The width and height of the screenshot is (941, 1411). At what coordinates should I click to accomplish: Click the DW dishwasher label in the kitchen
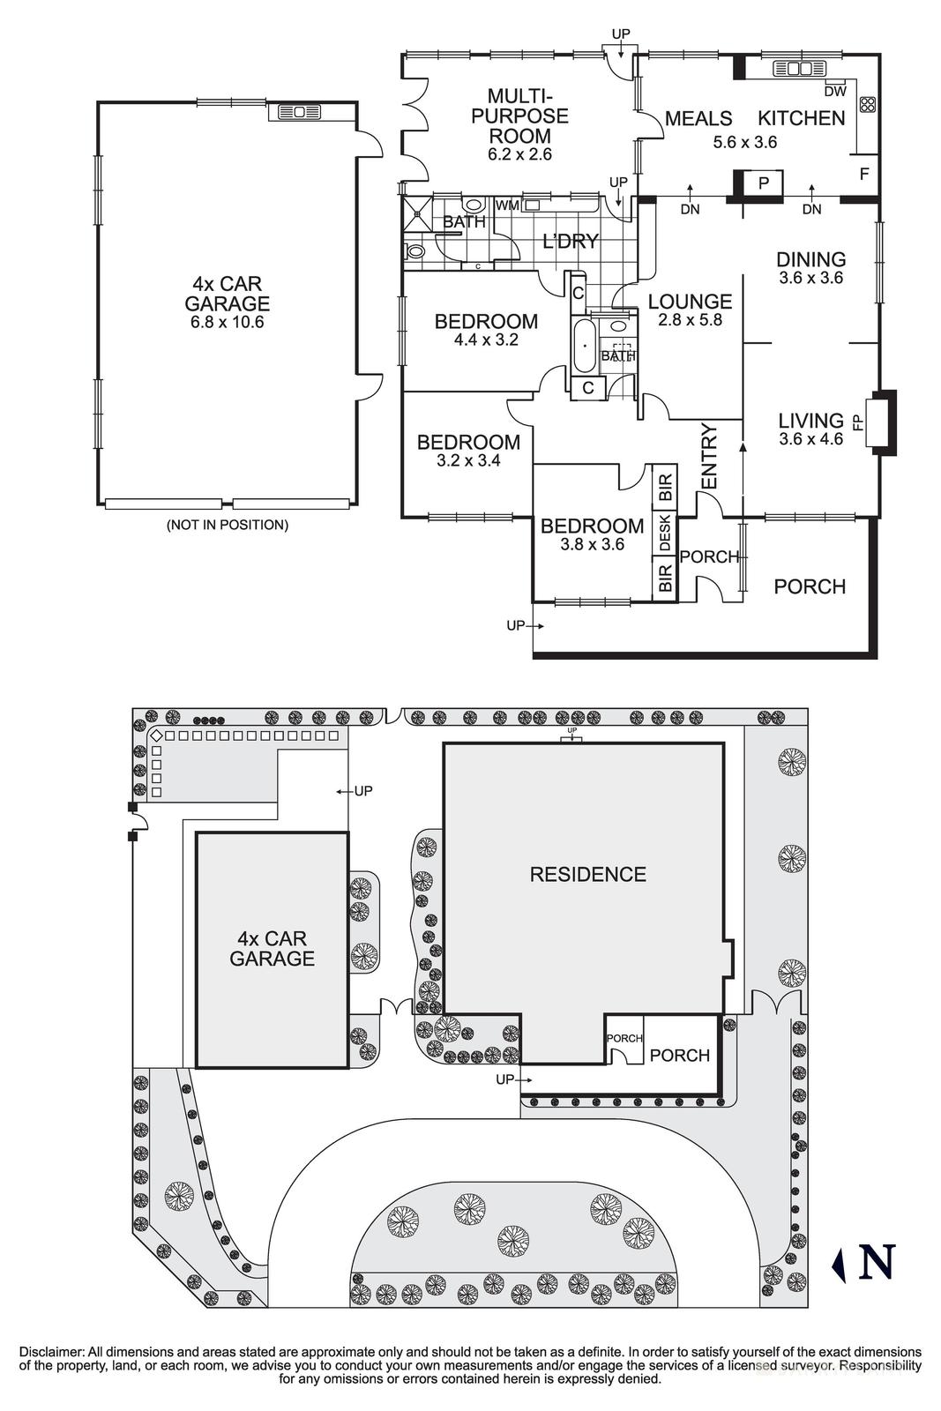834,91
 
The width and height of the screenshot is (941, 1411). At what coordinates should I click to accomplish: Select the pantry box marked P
764,183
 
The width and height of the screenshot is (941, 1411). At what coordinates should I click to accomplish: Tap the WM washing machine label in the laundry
508,205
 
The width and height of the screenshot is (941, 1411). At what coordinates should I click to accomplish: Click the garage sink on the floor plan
300,112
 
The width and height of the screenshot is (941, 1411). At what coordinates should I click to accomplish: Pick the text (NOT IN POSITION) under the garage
228,525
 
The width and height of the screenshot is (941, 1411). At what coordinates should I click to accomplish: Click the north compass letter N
877,1261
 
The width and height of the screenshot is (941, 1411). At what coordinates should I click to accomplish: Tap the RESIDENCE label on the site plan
587,874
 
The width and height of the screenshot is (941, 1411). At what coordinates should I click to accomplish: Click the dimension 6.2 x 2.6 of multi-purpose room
519,154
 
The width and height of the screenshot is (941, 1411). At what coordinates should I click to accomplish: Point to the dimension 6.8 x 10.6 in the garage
227,322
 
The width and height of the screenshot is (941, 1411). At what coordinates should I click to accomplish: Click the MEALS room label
698,118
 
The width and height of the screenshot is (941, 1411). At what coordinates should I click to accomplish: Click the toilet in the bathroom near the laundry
417,250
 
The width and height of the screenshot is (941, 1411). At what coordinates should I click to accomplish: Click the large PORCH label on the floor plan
809,586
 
